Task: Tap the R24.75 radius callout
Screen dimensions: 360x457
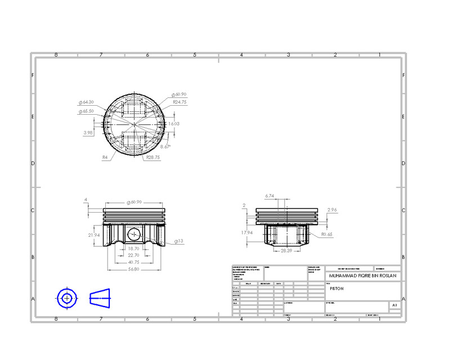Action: coord(180,102)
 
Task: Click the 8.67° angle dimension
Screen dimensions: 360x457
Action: coord(165,146)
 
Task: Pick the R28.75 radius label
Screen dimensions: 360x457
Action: coord(153,158)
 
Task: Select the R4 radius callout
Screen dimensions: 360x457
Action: coord(105,158)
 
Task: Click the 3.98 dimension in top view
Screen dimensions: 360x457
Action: coord(88,133)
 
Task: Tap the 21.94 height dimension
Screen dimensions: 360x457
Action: coord(93,235)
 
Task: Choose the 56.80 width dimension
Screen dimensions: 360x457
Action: coord(134,269)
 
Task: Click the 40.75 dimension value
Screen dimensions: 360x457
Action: coord(134,262)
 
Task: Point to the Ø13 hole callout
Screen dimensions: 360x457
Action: coord(180,241)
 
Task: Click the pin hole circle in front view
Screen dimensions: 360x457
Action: coord(135,234)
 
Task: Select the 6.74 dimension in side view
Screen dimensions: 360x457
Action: coord(270,196)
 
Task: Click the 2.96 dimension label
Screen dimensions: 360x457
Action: coord(332,210)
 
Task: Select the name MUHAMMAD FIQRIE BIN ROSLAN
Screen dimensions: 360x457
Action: coord(363,276)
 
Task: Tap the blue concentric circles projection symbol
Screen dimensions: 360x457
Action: coord(67,298)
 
